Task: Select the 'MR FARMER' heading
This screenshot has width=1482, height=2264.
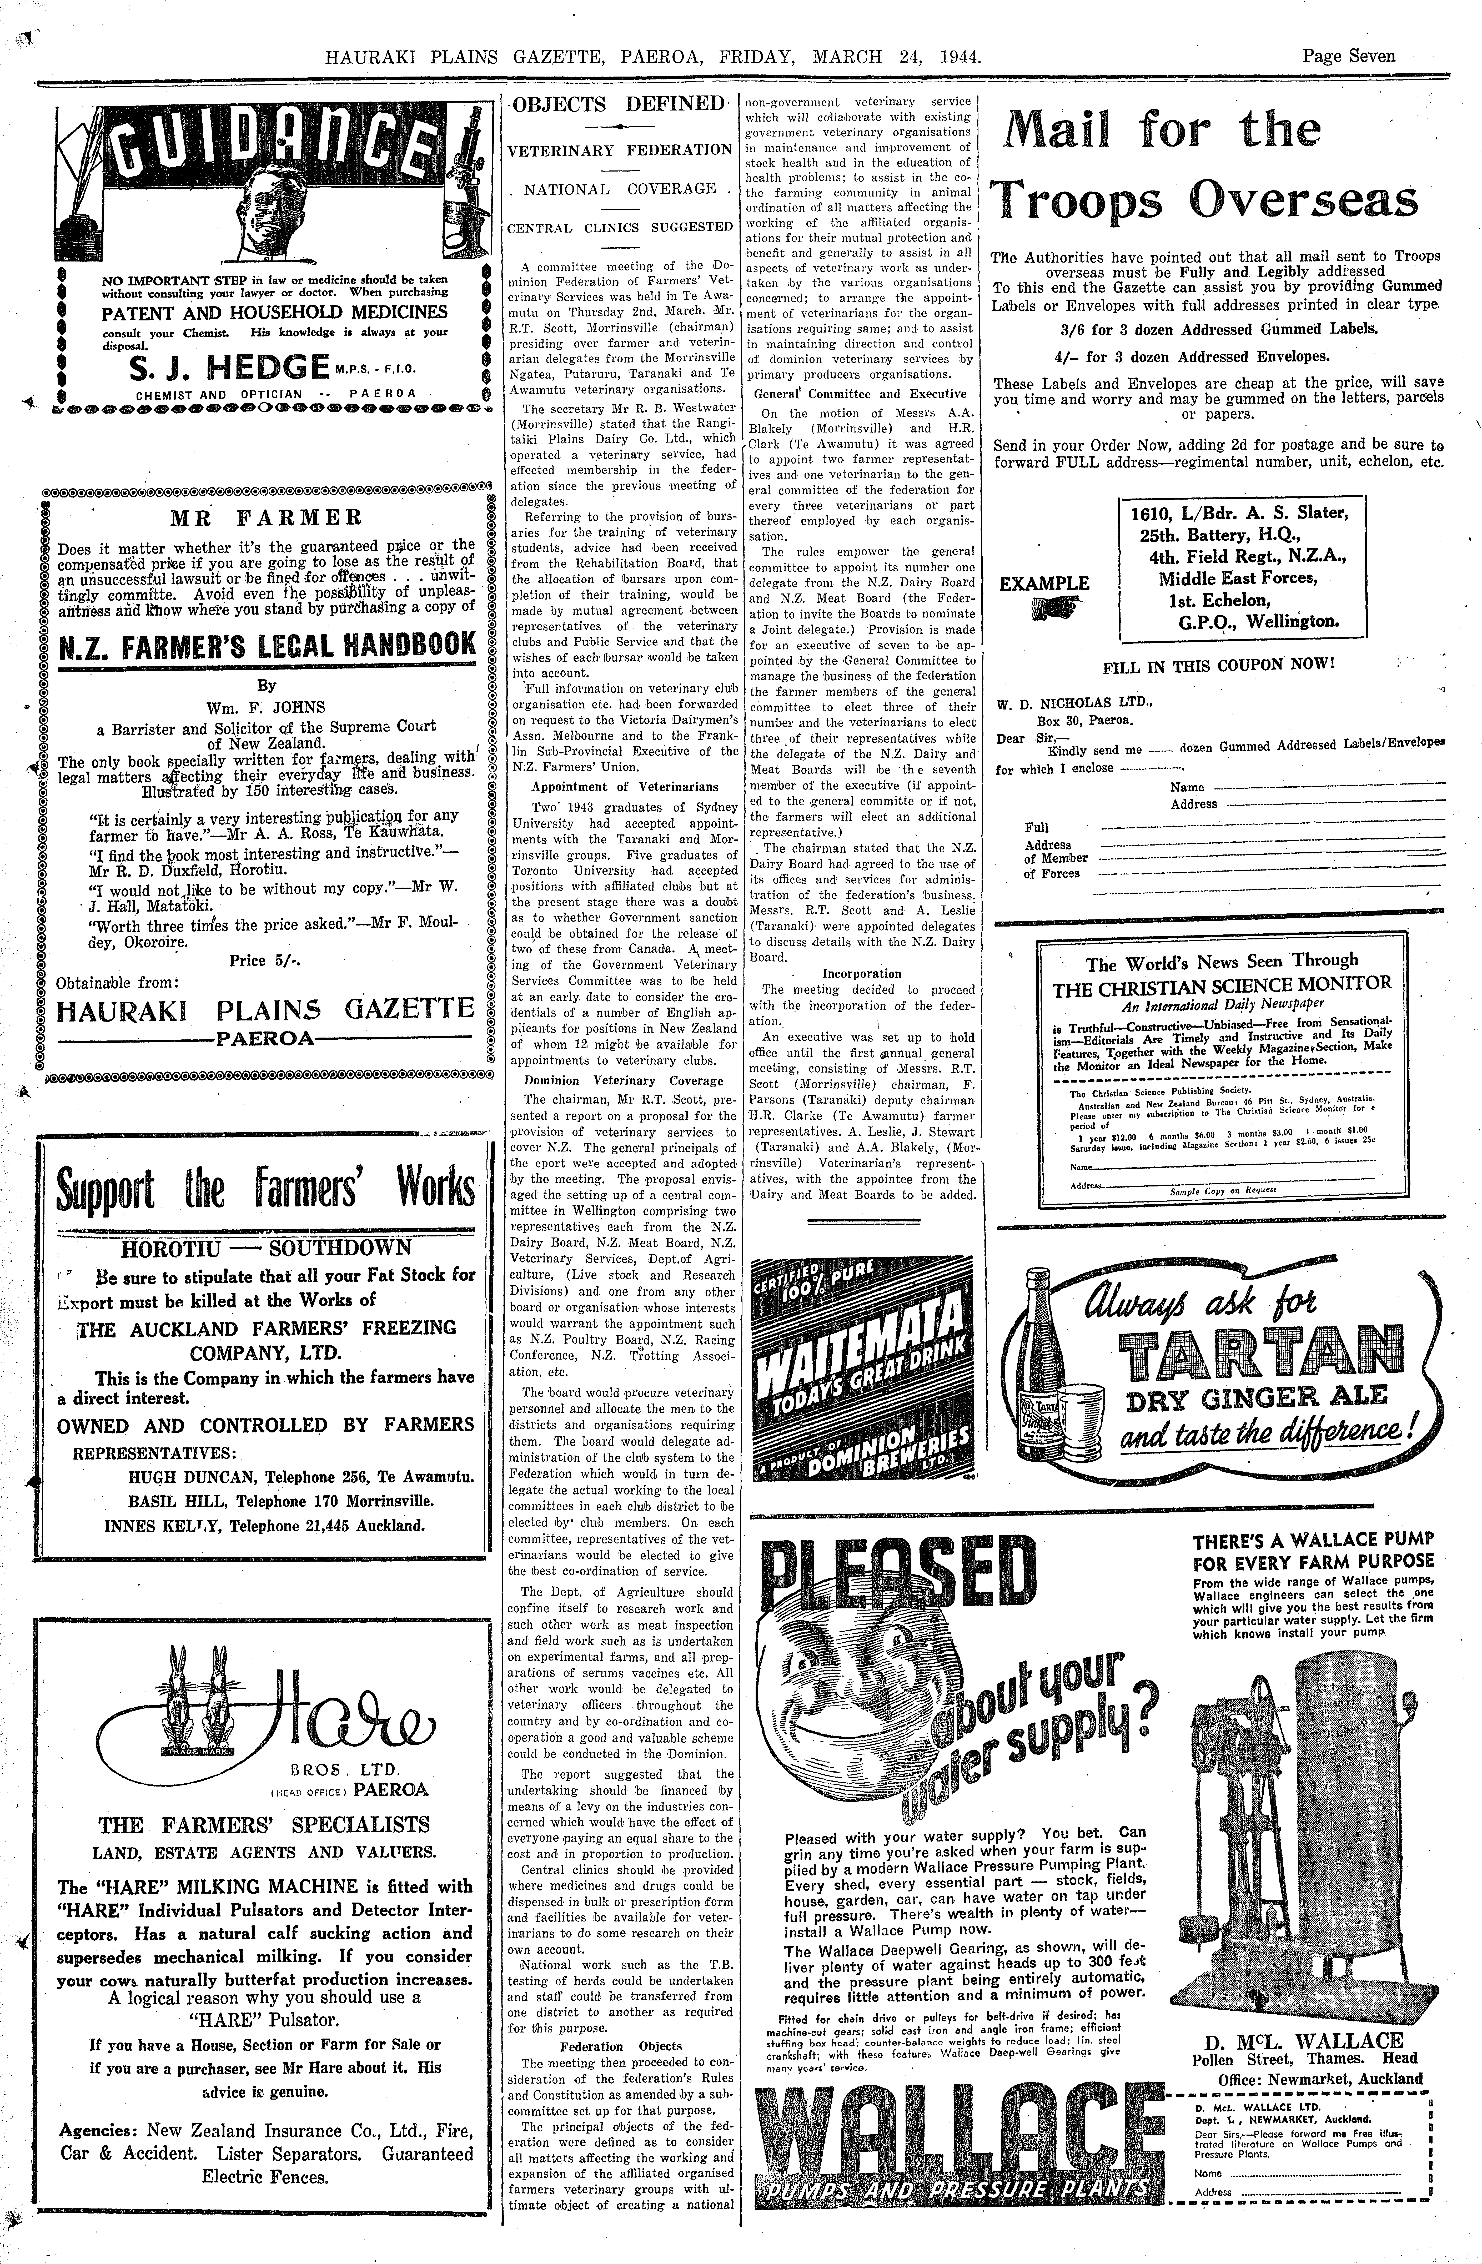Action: click(x=266, y=519)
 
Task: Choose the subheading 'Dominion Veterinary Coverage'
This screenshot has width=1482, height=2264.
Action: click(x=624, y=1081)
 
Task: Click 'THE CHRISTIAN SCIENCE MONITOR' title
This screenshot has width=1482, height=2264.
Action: click(x=1221, y=985)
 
